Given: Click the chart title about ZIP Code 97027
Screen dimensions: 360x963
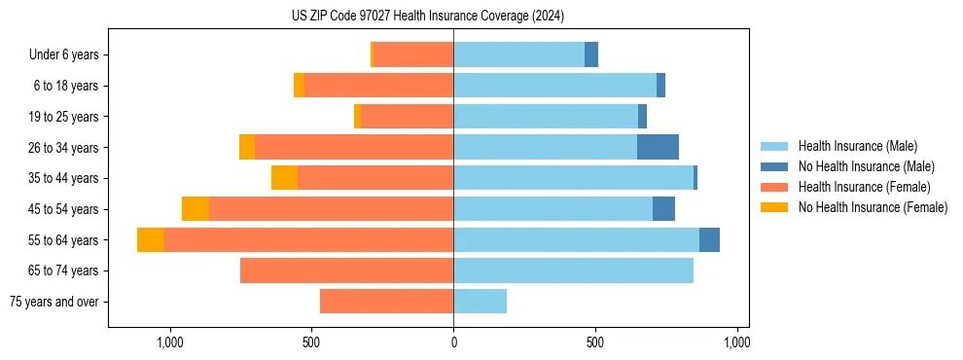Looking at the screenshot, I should point(428,16).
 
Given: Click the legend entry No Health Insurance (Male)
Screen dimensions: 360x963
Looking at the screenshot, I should point(866,166).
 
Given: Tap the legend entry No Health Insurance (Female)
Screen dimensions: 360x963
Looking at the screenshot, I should point(873,207).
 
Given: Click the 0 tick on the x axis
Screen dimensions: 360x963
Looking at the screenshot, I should point(453,342).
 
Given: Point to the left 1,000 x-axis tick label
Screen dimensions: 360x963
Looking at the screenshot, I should point(169,342).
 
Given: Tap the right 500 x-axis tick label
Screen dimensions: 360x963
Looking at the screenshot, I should point(595,342).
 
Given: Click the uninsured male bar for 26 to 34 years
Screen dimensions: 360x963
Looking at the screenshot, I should point(658,147).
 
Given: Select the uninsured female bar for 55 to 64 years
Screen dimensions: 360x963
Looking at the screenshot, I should point(151,239).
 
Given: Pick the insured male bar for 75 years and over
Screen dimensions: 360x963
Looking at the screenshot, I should point(480,302).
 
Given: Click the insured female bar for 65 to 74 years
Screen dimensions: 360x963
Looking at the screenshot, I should point(346,270).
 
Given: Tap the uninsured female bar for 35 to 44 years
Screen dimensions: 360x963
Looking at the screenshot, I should point(284,178).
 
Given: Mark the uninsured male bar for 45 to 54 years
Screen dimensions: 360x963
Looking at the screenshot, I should point(663,209).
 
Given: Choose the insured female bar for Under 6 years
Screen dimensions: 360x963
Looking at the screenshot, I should point(412,54).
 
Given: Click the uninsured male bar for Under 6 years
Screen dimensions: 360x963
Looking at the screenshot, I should point(591,54).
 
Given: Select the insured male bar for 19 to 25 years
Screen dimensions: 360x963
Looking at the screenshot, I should point(546,117).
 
